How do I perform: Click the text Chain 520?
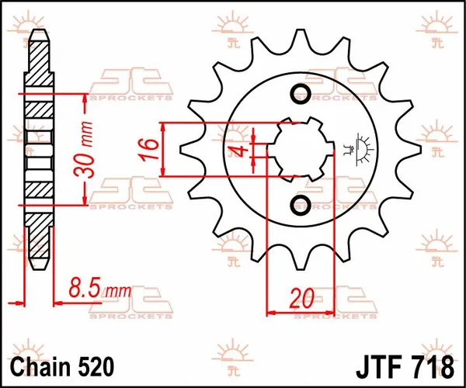[x=65, y=365]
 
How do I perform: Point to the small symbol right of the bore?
[x=358, y=148]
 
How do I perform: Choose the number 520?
[x=96, y=365]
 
